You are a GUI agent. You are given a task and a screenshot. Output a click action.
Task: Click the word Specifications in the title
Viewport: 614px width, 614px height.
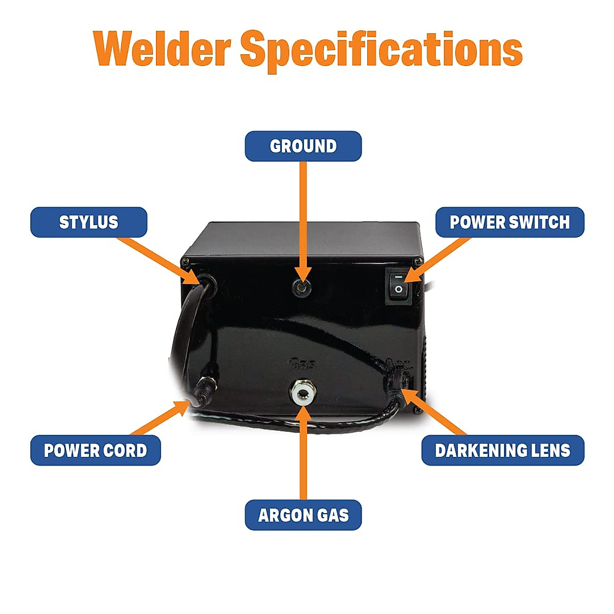coord(381,50)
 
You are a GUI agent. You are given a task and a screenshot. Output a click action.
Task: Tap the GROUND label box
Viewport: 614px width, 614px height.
coord(303,146)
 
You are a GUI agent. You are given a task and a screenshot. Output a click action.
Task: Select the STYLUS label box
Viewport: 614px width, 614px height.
coord(89,222)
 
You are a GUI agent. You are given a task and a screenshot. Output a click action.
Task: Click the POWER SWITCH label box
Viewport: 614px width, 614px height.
coord(509,222)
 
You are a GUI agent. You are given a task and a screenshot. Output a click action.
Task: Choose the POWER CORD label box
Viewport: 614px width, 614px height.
coord(95,450)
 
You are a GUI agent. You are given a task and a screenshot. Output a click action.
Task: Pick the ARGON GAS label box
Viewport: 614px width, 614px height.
coord(303,515)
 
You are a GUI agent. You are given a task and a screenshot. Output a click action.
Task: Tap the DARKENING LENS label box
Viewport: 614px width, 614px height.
coord(502,450)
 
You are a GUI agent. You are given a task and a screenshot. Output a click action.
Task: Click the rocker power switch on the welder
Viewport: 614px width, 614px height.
coord(399,285)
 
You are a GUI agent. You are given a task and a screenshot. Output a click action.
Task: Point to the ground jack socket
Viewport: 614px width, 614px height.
coord(301,288)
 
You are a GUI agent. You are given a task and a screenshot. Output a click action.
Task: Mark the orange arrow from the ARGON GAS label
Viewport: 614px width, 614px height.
coord(303,450)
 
